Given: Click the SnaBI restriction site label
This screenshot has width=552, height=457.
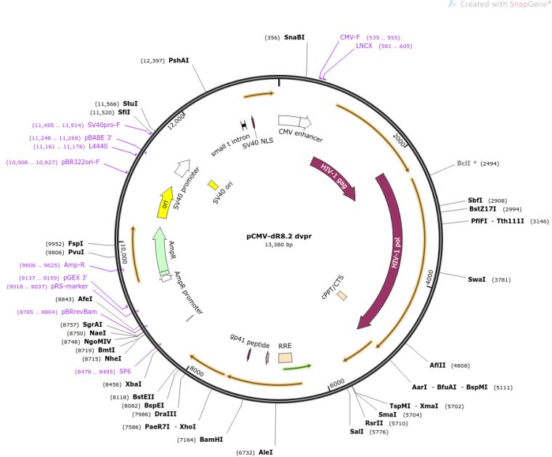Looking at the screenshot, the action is (294, 37).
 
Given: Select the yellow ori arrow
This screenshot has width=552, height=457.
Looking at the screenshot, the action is (165, 203).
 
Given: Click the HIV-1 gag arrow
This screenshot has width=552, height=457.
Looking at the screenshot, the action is (333, 178).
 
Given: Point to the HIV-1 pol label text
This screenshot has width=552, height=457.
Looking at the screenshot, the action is (396, 252).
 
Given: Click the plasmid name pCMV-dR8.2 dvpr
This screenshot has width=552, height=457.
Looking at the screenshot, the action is (279, 236).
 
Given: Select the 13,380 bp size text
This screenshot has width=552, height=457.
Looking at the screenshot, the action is (279, 244).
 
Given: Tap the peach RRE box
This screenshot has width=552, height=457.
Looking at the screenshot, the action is (285, 358).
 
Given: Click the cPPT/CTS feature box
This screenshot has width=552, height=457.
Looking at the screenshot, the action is (342, 296).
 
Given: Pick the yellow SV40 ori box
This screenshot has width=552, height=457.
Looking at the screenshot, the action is (213, 185).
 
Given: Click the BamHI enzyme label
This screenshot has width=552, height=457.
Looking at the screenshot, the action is (211, 440).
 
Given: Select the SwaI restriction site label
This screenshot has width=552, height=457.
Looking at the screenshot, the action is (476, 280).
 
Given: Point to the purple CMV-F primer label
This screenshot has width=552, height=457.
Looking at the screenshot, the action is (350, 37).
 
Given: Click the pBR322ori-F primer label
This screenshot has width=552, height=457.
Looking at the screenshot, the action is (81, 162).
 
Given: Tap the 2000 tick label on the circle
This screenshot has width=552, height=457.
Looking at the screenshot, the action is (399, 140).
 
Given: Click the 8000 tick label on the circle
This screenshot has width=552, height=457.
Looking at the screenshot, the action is (196, 371).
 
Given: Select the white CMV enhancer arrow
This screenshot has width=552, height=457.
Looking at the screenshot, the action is (295, 122).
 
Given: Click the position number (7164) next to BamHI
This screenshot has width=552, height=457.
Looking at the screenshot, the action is (187, 440).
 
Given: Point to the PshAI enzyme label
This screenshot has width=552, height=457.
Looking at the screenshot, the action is (179, 60).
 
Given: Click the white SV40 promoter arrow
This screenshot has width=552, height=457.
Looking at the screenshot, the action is (182, 168).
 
